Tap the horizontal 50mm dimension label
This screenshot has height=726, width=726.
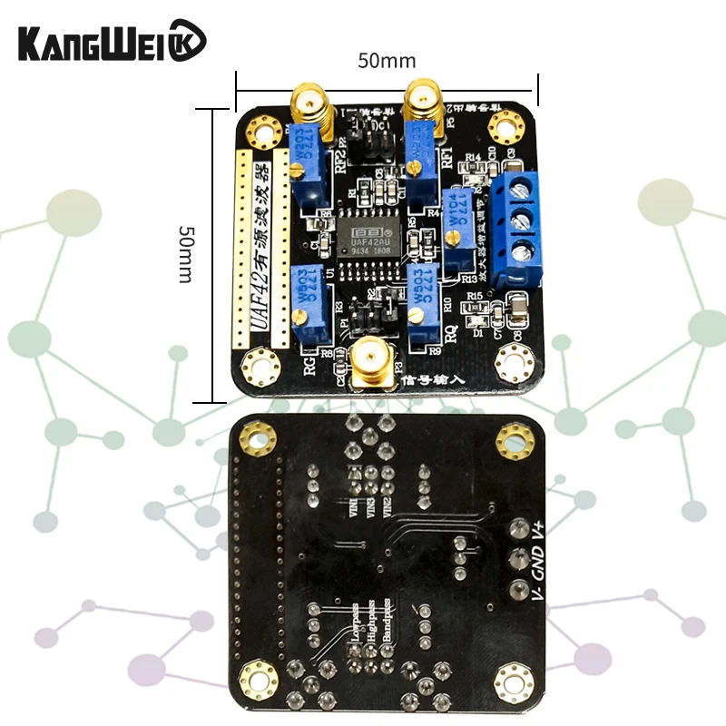click(387, 61)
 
